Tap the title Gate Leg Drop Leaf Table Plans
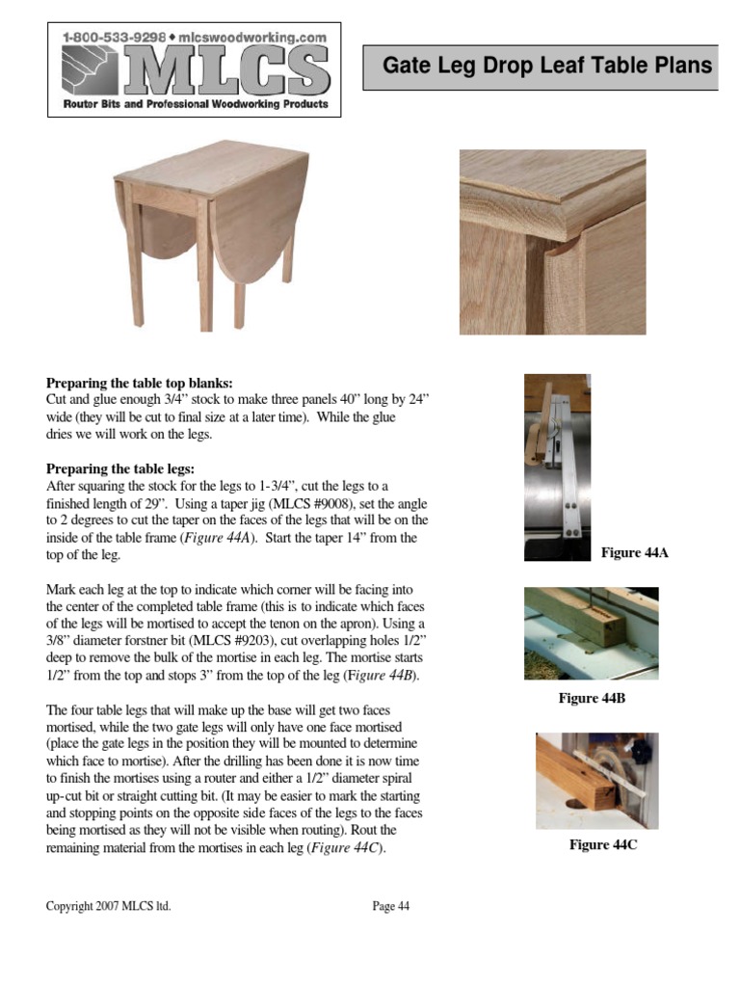547,67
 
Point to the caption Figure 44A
635,552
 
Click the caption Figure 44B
592,698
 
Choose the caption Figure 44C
603,845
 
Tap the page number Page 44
391,906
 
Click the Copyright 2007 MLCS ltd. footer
109,906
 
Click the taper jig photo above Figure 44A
557,467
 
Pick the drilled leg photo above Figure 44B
592,633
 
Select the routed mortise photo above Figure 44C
597,781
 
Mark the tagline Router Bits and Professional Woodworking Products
196,104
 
